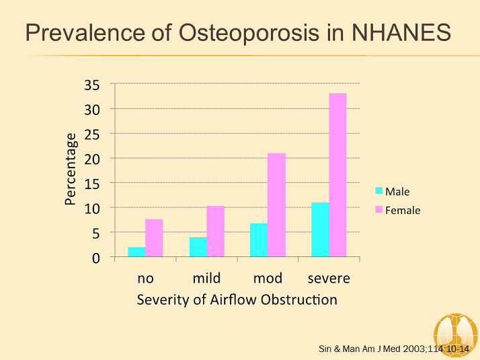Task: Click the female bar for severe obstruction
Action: [x=337, y=175]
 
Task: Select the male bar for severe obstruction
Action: [x=320, y=230]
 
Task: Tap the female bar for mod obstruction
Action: [x=276, y=205]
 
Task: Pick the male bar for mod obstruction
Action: [x=259, y=240]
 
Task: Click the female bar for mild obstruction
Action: [x=215, y=231]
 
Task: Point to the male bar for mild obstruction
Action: [x=198, y=247]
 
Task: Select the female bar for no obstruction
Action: [x=154, y=238]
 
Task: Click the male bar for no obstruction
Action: [x=136, y=252]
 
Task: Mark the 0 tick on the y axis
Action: [x=95, y=257]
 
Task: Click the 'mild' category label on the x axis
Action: [x=206, y=278]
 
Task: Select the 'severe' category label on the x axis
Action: [x=329, y=278]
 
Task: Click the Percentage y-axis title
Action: [x=71, y=168]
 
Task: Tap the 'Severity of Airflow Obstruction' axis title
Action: [x=237, y=299]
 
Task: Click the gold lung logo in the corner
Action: [x=455, y=334]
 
